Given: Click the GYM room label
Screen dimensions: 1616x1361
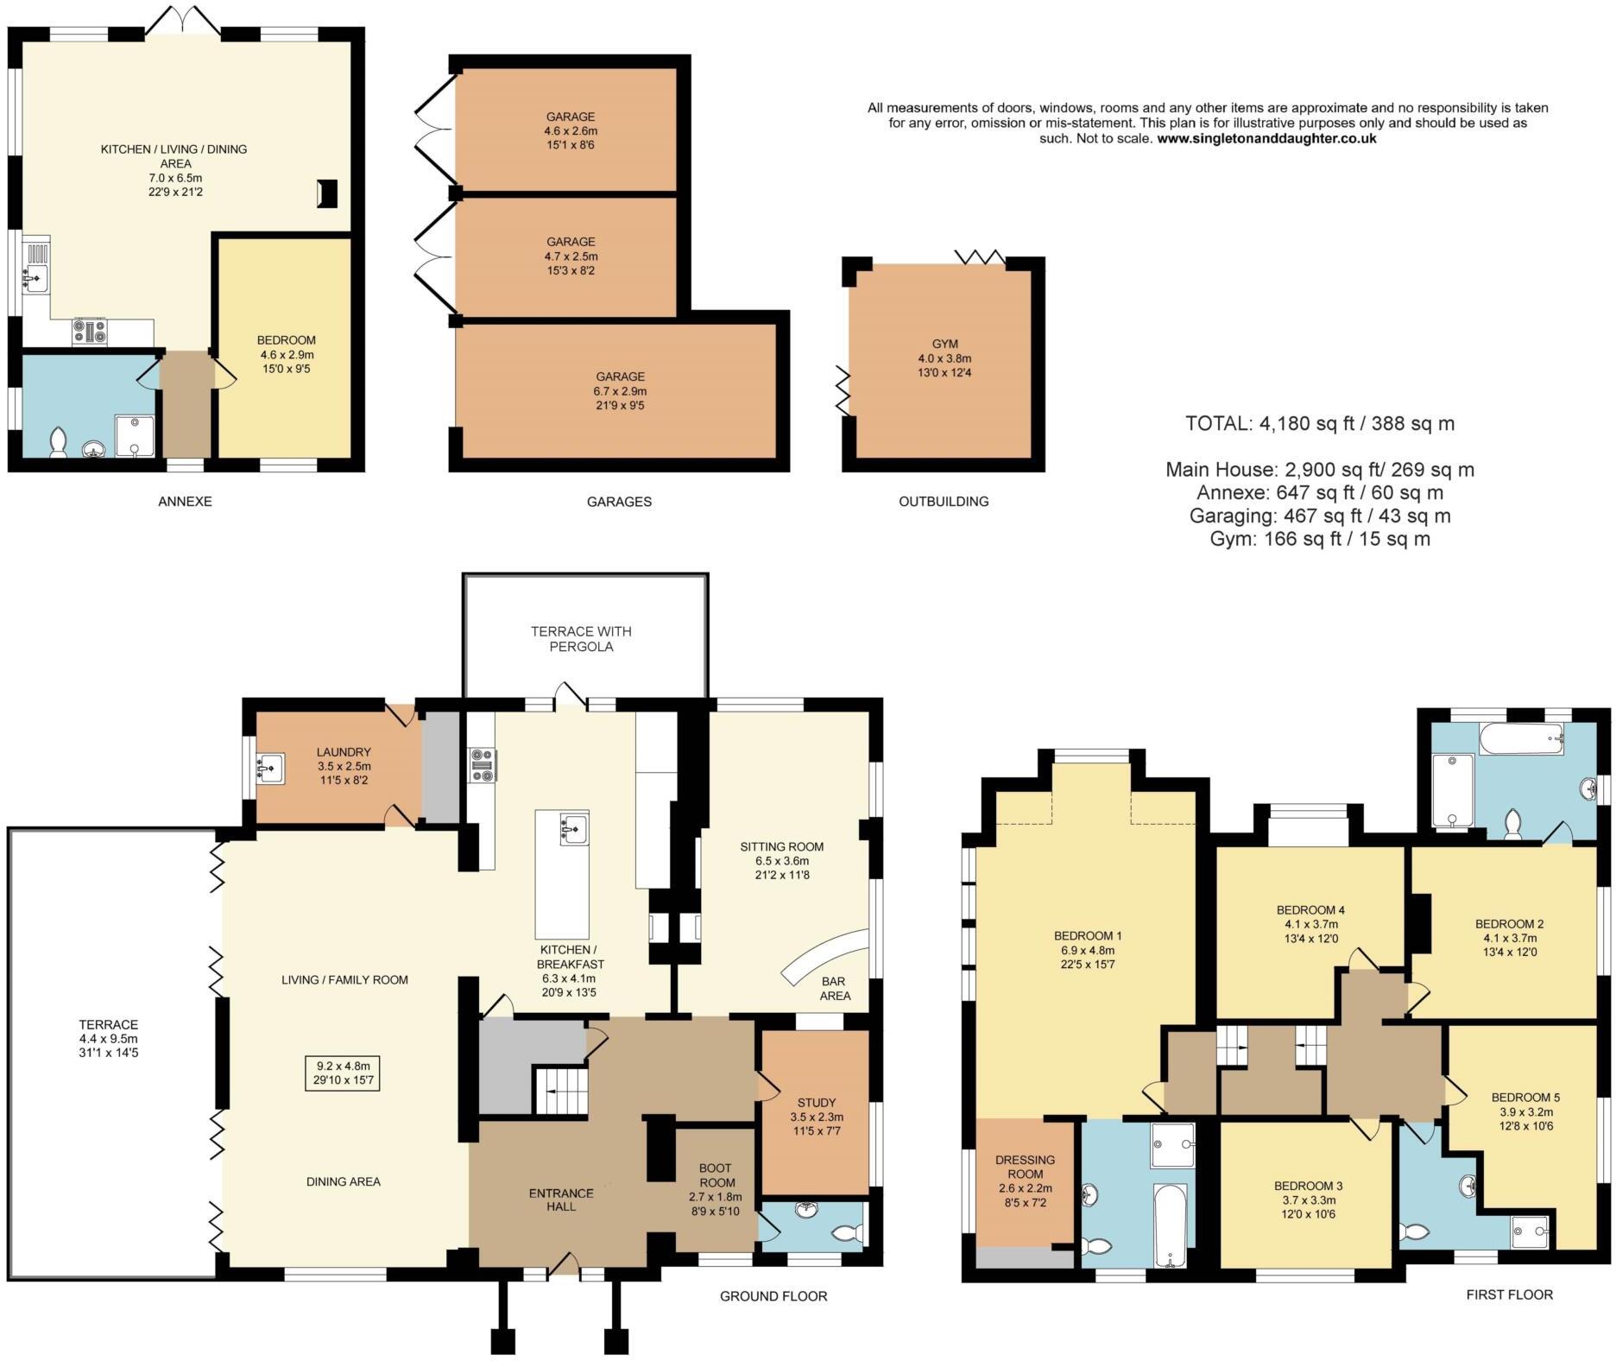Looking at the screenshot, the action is tap(944, 344).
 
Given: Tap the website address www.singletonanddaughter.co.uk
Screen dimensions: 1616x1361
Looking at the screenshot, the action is tap(1266, 138).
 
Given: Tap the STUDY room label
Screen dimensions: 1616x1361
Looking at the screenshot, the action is tap(816, 1102).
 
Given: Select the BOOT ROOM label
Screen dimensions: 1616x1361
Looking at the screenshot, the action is tap(716, 1175).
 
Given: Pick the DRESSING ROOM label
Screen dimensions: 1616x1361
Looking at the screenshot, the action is tap(1026, 1167).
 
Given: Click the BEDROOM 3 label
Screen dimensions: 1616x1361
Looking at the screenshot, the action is tap(1308, 1186).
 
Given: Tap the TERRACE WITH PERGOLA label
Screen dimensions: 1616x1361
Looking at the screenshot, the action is tap(581, 639).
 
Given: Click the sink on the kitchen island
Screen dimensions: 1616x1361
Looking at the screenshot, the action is tap(574, 828).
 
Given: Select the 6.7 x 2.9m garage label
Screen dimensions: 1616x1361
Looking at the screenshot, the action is tap(620, 390).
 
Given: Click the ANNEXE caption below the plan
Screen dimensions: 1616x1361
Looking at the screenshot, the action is tap(185, 501).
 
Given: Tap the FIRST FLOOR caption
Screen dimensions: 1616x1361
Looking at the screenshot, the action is tap(1509, 1295).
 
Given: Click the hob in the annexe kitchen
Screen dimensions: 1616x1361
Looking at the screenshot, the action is tap(90, 332).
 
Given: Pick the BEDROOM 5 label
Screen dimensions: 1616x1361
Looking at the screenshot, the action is tap(1525, 1098).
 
